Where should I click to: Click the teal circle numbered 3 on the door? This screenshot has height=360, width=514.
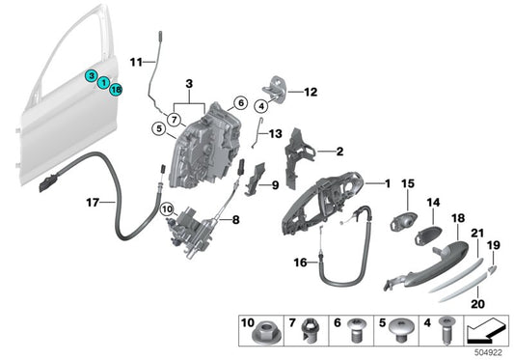pyautogui.click(x=90, y=75)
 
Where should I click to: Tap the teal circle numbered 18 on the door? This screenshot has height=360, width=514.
pyautogui.click(x=116, y=90)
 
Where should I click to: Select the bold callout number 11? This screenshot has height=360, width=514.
pyautogui.click(x=136, y=62)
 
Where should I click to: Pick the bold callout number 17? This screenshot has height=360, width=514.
pyautogui.click(x=93, y=203)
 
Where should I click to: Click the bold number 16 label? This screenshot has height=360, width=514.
pyautogui.click(x=300, y=262)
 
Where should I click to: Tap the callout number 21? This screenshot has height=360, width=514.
pyautogui.click(x=477, y=235)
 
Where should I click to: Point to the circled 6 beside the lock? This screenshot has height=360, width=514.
pyautogui.click(x=240, y=103)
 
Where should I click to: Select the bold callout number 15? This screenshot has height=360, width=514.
pyautogui.click(x=407, y=181)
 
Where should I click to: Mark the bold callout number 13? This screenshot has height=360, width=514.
pyautogui.click(x=277, y=134)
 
